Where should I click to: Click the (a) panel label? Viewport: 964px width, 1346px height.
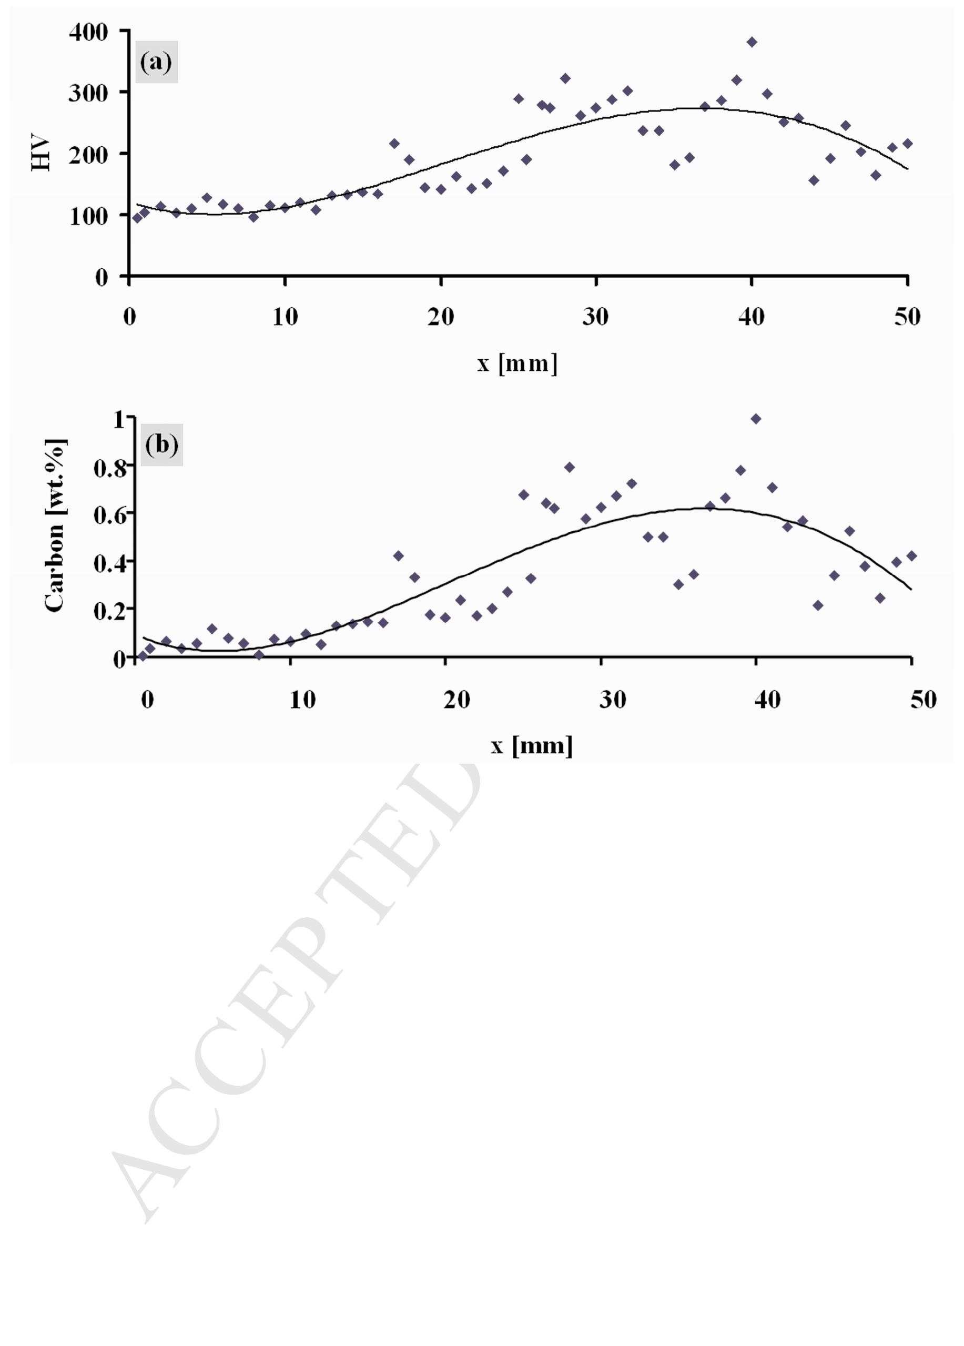pos(157,62)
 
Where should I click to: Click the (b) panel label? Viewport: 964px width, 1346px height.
pos(161,444)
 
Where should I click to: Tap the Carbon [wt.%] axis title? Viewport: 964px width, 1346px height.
pos(55,526)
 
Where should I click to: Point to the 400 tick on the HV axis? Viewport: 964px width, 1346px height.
pos(88,32)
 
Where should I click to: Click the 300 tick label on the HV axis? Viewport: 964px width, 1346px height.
pos(88,93)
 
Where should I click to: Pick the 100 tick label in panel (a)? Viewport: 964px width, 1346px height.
pos(88,216)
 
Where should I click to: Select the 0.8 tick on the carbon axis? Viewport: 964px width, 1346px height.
pos(110,468)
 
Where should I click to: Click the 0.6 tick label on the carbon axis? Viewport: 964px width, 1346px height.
pos(110,514)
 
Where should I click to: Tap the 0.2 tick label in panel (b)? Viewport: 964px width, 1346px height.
pos(110,610)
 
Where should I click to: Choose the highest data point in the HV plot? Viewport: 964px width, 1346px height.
pos(752,42)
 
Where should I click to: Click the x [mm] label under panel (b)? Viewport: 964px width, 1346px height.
pos(532,745)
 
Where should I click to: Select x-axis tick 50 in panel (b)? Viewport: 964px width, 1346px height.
pos(923,700)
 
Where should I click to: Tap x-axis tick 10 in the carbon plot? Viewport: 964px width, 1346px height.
pos(302,700)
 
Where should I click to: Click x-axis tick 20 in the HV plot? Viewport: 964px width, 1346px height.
pos(440,317)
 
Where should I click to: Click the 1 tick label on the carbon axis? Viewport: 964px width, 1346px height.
pos(119,420)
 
